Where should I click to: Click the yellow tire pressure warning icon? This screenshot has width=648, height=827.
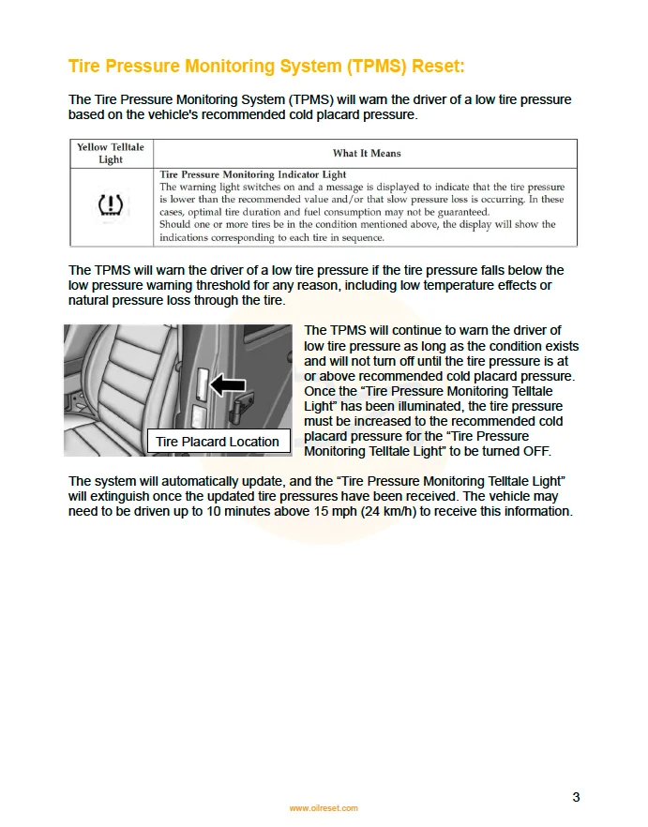(x=111, y=206)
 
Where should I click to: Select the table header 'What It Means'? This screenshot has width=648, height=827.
(x=367, y=153)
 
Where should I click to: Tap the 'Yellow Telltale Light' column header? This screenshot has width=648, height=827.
(x=111, y=154)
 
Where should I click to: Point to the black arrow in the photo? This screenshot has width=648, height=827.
(x=227, y=383)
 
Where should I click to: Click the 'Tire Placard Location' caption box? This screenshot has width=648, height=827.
(x=218, y=442)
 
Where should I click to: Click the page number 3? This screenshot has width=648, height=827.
(x=576, y=797)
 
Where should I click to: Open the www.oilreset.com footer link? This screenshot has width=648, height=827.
(x=324, y=808)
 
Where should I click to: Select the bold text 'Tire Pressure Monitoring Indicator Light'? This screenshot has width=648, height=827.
(x=253, y=174)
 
